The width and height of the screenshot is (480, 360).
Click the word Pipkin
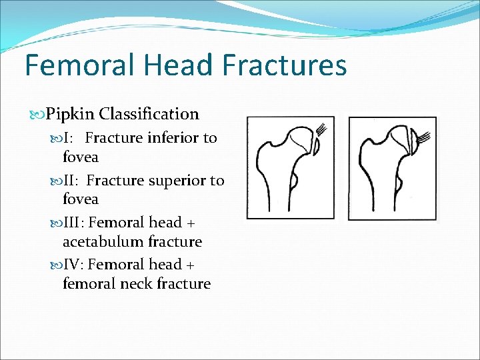(x=71, y=114)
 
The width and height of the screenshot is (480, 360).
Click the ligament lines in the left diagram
(x=322, y=129)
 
